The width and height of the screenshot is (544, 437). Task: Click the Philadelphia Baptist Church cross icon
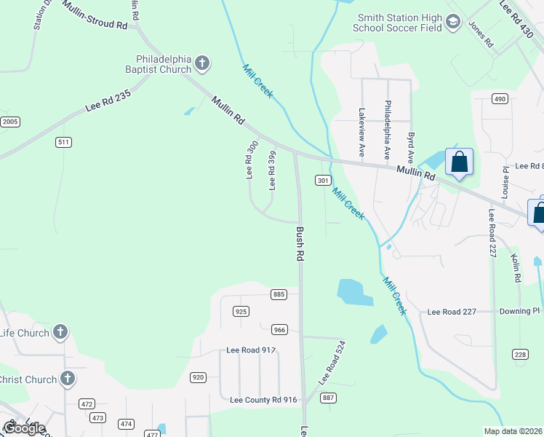[x=203, y=64]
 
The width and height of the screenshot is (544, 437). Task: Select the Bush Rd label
[x=299, y=244]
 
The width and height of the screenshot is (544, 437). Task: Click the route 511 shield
[x=64, y=142]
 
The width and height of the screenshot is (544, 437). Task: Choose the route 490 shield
[x=500, y=99]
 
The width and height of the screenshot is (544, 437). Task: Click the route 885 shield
[x=279, y=294]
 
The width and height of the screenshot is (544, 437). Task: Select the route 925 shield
[x=241, y=312]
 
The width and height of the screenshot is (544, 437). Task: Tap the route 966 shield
[x=280, y=330]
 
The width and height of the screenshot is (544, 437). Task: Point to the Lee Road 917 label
[x=251, y=350]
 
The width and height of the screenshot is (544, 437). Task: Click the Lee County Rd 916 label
[x=263, y=400]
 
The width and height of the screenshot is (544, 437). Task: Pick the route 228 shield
[x=520, y=355]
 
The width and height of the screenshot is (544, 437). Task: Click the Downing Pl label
[x=520, y=311]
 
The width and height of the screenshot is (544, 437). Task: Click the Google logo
[x=24, y=428]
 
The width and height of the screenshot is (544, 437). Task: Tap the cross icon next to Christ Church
[x=67, y=379]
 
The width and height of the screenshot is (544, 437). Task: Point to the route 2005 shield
[x=9, y=122]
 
